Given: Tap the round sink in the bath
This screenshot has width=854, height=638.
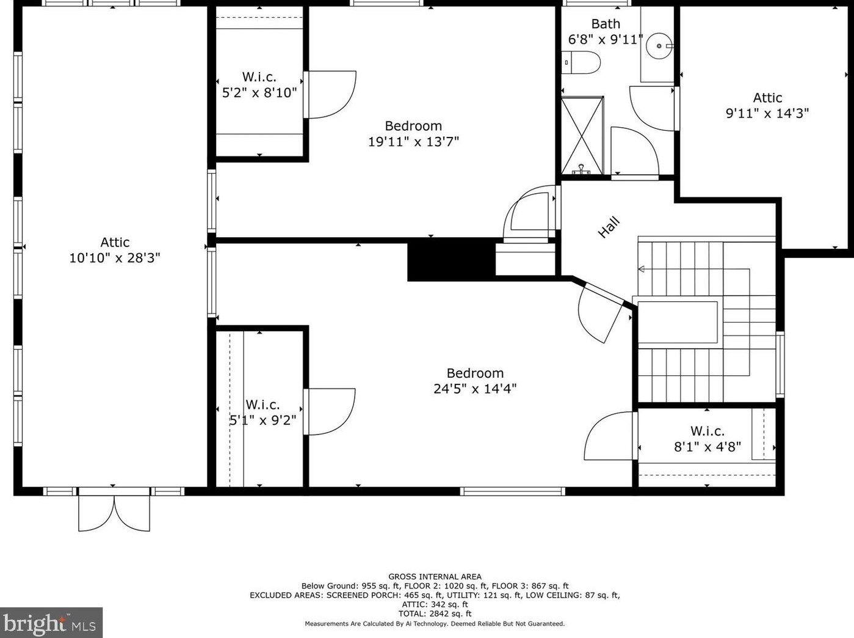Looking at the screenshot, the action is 659,46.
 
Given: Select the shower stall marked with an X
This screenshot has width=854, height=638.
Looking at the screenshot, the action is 582,135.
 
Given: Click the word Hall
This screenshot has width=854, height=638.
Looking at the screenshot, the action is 609,227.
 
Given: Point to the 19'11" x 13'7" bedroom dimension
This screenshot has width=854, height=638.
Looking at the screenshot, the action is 413,141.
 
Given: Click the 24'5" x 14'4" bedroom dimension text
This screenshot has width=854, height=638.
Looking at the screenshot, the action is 475,388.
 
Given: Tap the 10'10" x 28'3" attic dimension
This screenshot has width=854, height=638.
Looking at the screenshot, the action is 115,257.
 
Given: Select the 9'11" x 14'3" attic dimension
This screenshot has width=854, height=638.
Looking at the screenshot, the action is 767,113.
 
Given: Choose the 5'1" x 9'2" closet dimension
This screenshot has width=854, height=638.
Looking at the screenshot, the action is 262,420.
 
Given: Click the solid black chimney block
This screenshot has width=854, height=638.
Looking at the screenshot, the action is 451,259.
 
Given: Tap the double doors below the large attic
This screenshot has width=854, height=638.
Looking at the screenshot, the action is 114,513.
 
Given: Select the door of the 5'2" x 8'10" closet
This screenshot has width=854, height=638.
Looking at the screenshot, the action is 330,94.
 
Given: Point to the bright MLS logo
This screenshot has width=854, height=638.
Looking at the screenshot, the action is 51,623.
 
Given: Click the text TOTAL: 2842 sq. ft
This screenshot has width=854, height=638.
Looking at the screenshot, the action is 435,614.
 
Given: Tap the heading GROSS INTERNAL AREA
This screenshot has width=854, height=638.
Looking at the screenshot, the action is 435,576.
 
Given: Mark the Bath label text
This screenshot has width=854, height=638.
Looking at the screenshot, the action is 606,24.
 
